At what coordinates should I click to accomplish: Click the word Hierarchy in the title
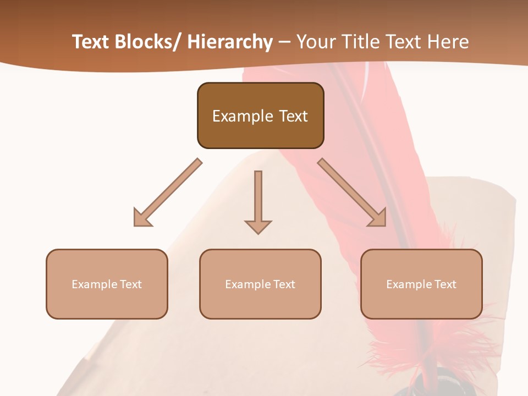[x=230, y=42]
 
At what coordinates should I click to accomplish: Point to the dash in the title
[x=284, y=42]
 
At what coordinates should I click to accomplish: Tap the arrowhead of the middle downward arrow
[x=258, y=227]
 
